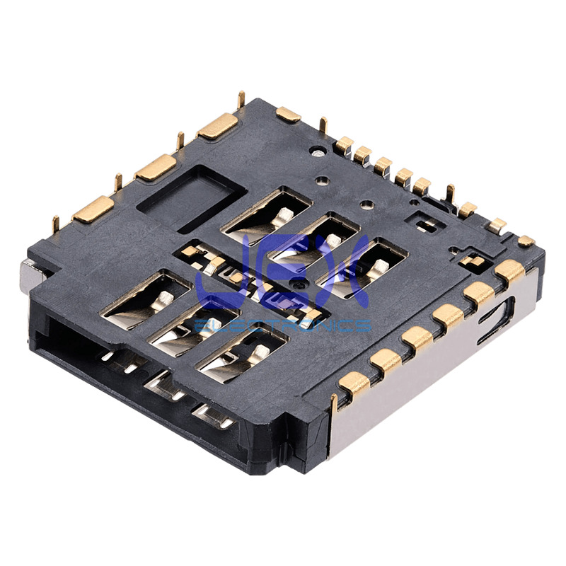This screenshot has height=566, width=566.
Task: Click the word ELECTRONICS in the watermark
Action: tap(282, 325)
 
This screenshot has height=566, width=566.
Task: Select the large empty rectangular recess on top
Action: tap(192, 198)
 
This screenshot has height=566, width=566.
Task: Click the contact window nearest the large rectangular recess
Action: tap(267, 214)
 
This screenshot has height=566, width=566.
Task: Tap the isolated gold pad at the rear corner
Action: tap(288, 114)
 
